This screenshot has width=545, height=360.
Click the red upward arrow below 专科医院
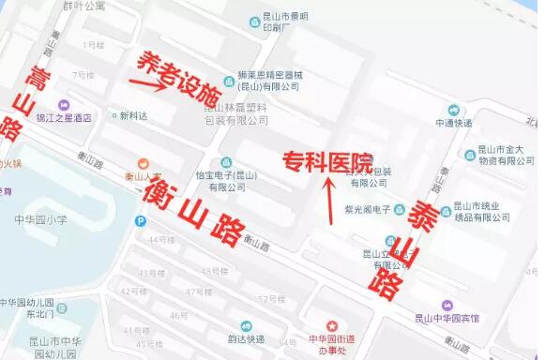pyautogui.click(x=329, y=199)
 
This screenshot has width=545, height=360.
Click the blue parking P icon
pyautogui.click(x=141, y=221)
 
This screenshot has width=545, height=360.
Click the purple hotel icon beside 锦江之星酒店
pyautogui.click(x=63, y=105)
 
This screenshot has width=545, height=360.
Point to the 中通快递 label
pyautogui.click(x=453, y=123)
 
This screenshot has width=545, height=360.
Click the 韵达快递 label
pyautogui.click(x=246, y=339)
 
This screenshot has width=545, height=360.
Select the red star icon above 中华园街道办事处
pyautogui.click(x=329, y=323)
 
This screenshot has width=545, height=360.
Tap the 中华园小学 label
pyautogui.click(x=40, y=220)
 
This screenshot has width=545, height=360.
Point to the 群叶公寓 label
pyautogui.click(x=83, y=7)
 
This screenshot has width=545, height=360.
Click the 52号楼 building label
pyautogui.click(x=271, y=299)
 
